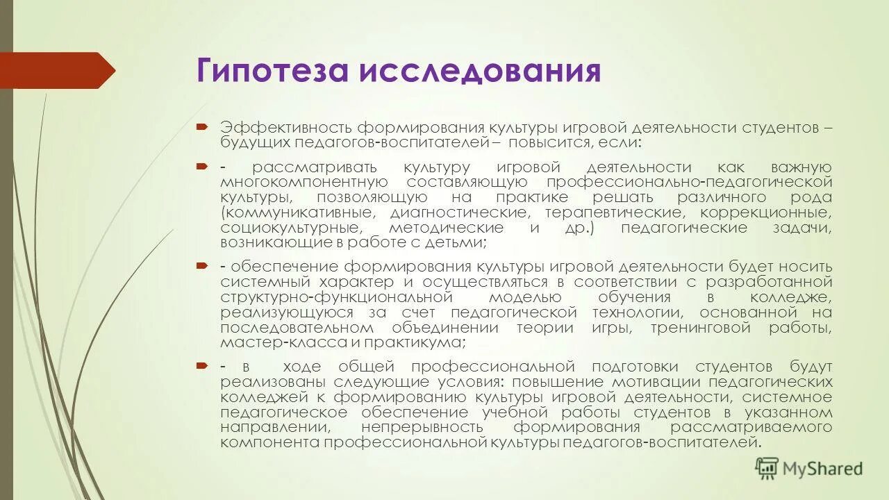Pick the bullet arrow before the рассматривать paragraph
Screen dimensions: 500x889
coord(201,167)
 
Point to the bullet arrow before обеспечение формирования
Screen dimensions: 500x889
coord(201,267)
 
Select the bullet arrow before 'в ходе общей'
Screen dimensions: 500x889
coord(201,366)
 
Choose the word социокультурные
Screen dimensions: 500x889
coord(291,228)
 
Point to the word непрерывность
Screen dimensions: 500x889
coord(422,427)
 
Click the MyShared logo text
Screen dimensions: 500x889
coord(822,469)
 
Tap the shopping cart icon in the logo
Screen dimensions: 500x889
coord(767,467)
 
